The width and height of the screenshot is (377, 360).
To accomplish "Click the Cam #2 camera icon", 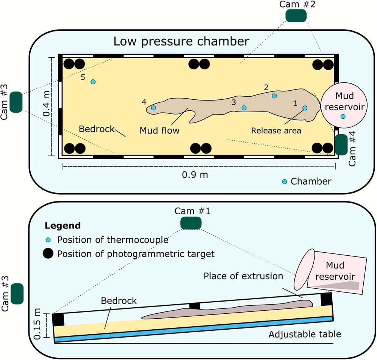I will pos(296,16).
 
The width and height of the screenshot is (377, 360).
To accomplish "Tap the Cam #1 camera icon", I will pos(191,223).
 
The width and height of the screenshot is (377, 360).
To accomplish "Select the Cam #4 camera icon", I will pos(341,145).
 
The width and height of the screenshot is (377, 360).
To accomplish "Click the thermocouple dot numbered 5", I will pos(93,82).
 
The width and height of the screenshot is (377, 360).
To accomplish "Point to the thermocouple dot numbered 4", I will pos(153,108).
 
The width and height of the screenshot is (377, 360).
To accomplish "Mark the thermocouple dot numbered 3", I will pos(244,108).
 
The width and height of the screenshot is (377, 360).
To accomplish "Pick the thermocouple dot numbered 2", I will pos(274,96).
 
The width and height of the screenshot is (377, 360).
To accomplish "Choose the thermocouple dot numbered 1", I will pos(305,108).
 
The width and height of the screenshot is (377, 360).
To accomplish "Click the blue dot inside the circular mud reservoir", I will pos(343,116).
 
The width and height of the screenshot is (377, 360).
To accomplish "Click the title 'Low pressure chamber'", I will pos(181,41).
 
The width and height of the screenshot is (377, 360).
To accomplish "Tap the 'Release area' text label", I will pos(276,131).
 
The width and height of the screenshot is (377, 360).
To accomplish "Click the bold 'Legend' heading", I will pos(63,226).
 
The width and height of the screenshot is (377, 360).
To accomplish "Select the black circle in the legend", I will pos(48,253).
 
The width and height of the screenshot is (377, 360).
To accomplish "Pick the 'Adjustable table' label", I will pos(305,335).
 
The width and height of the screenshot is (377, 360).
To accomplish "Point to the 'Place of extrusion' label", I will pos(243,276).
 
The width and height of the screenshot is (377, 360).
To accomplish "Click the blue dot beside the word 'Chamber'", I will pos(285,181).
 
